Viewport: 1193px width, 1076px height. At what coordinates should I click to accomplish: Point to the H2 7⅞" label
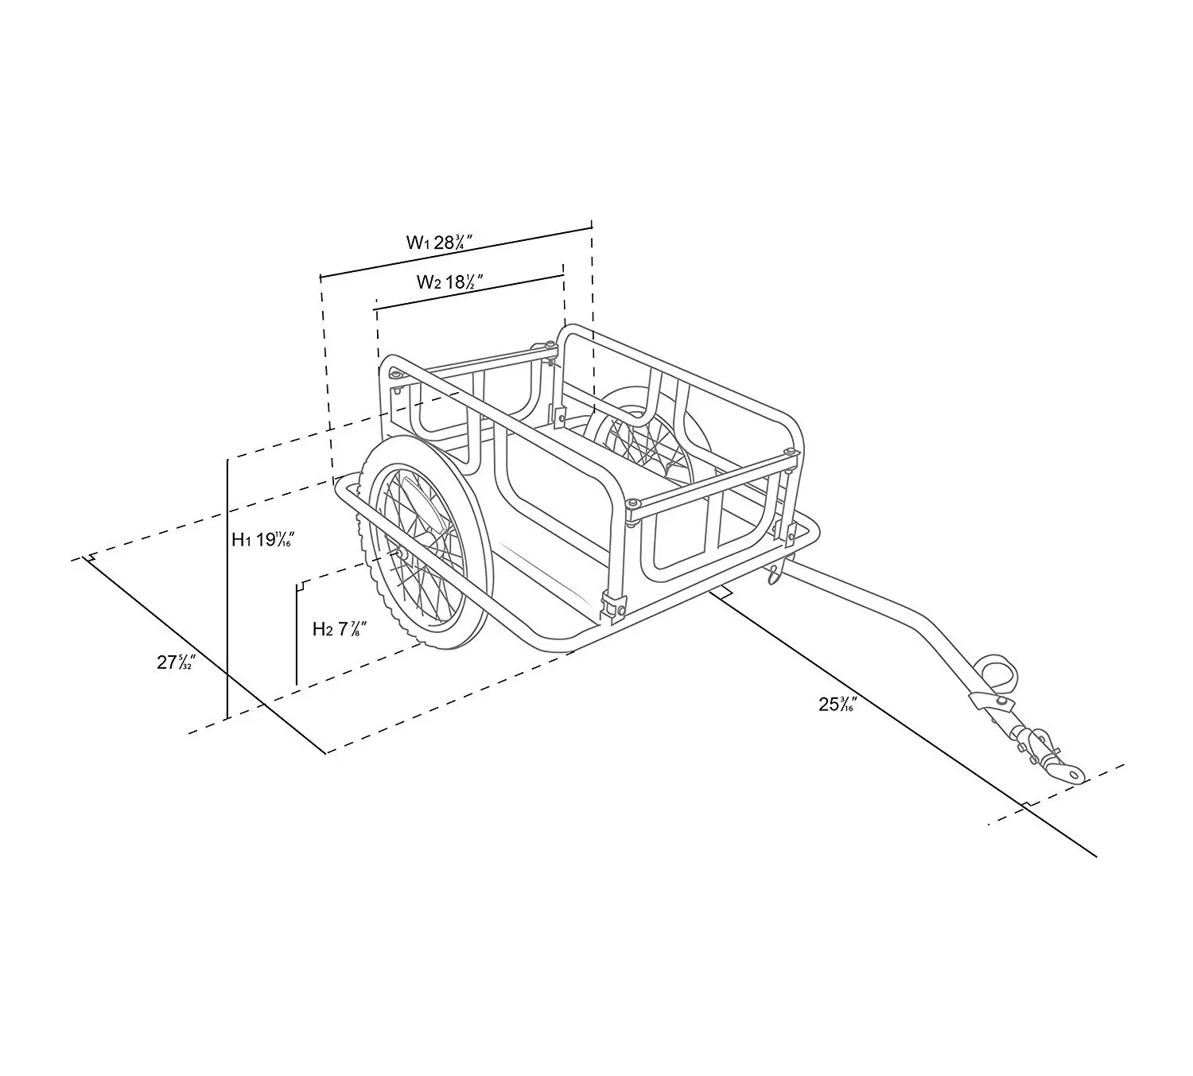coord(339,630)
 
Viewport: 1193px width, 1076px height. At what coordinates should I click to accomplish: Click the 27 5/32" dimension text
coord(176,662)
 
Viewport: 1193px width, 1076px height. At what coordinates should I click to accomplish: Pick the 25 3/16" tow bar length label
coord(837,704)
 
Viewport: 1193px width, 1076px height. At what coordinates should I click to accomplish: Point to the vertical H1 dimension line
coord(228,588)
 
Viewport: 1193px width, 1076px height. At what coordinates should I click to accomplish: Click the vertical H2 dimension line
coord(297,636)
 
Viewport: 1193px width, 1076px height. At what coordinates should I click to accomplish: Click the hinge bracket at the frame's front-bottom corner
coord(611,606)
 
